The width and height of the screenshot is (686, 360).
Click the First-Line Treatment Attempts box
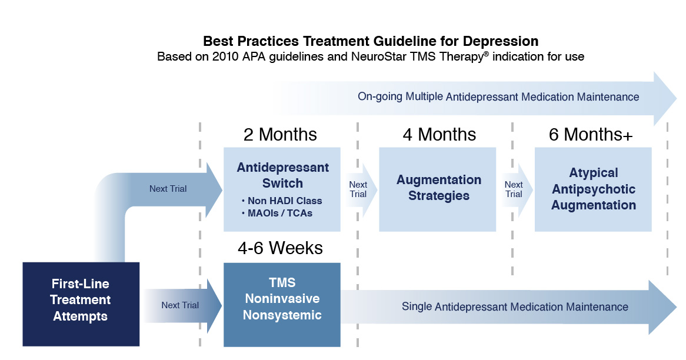click(x=81, y=304)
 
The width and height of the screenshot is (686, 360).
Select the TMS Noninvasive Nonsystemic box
click(x=282, y=305)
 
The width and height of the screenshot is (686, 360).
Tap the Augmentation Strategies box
click(x=438, y=189)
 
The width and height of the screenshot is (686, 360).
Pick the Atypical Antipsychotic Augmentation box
click(x=593, y=189)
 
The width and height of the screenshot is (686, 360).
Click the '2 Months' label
click(x=280, y=135)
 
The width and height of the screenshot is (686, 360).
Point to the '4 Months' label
click(x=439, y=135)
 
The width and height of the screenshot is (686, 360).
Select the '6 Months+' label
click(x=591, y=135)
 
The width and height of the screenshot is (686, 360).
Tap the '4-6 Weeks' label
click(x=281, y=248)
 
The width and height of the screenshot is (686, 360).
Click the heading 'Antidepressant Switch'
click(x=282, y=175)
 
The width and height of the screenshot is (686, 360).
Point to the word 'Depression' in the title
click(x=501, y=42)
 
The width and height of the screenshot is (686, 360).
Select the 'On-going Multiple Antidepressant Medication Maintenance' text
click(x=498, y=96)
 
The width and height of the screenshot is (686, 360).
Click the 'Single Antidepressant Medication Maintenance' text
click(x=515, y=306)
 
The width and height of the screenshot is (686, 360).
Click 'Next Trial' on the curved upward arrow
click(x=168, y=189)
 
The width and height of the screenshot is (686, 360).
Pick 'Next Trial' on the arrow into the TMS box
click(x=180, y=305)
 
